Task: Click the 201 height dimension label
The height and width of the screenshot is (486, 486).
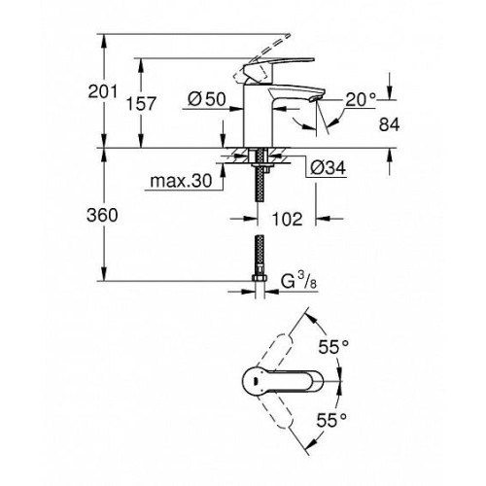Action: pyautogui.click(x=103, y=91)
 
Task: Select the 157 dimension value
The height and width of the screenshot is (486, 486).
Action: pyautogui.click(x=141, y=104)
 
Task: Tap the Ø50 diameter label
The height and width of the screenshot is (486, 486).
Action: pyautogui.click(x=207, y=99)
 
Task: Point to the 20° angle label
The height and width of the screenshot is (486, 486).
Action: pyautogui.click(x=361, y=99)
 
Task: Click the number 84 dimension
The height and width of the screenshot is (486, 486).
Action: pyautogui.click(x=389, y=123)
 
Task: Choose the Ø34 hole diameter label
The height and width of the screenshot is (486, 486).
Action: pyautogui.click(x=329, y=168)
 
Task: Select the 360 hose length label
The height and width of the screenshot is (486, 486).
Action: pyautogui.click(x=102, y=215)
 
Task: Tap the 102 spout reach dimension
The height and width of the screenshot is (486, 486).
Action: pyautogui.click(x=287, y=219)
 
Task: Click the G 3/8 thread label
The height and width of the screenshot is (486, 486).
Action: pyautogui.click(x=298, y=281)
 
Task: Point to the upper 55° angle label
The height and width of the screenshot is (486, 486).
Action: pyautogui.click(x=333, y=347)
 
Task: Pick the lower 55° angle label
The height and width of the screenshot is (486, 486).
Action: pyautogui.click(x=331, y=420)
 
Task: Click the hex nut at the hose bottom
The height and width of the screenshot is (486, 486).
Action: pyautogui.click(x=260, y=278)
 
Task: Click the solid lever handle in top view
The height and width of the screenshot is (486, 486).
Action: pyautogui.click(x=283, y=382)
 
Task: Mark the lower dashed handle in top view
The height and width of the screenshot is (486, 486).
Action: pyautogui.click(x=276, y=411)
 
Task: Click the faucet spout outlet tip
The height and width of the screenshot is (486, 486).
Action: pyautogui.click(x=315, y=97)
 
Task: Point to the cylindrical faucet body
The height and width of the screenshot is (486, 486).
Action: pyautogui.click(x=259, y=117)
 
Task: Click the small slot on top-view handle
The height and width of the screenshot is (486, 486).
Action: pyautogui.click(x=256, y=382)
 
